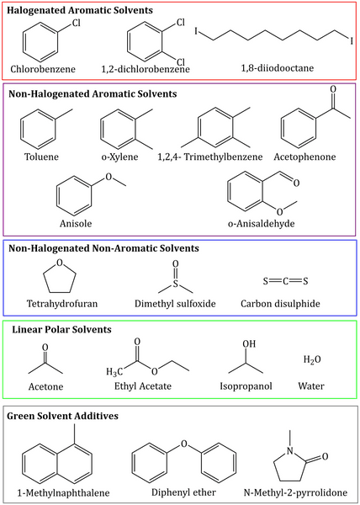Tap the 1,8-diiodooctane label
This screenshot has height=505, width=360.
[287, 67]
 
